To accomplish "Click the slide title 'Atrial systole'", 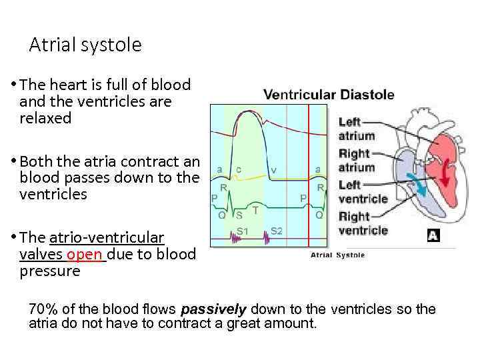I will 85,45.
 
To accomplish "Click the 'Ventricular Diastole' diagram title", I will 329,95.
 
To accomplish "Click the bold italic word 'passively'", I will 213,309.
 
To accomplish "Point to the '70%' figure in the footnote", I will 43,309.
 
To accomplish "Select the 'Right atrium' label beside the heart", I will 357,161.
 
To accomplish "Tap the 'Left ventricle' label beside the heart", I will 363,192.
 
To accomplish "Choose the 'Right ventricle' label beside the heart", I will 363,223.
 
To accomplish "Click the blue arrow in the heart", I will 419,184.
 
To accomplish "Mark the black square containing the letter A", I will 434,235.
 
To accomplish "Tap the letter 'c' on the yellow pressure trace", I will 238,169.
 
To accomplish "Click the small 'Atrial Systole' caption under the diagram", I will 337,255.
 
